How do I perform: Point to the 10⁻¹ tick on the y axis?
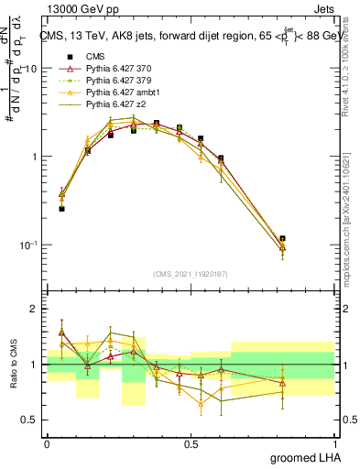29,245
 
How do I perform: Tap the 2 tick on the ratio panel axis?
37,309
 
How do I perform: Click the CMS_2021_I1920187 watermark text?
190,275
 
